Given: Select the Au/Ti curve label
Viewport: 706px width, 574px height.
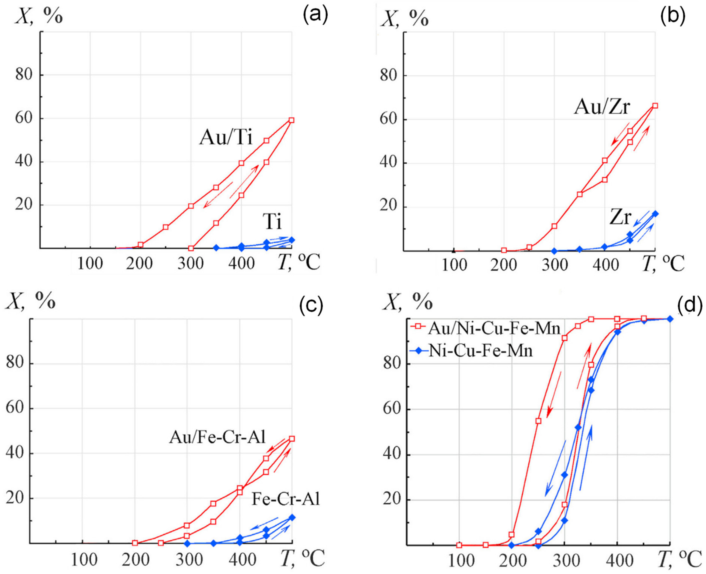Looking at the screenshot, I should tap(226, 138).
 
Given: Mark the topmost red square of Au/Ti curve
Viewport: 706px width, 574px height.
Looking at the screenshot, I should tap(291, 120).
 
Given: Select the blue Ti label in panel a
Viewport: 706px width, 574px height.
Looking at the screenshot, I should tap(272, 221).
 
